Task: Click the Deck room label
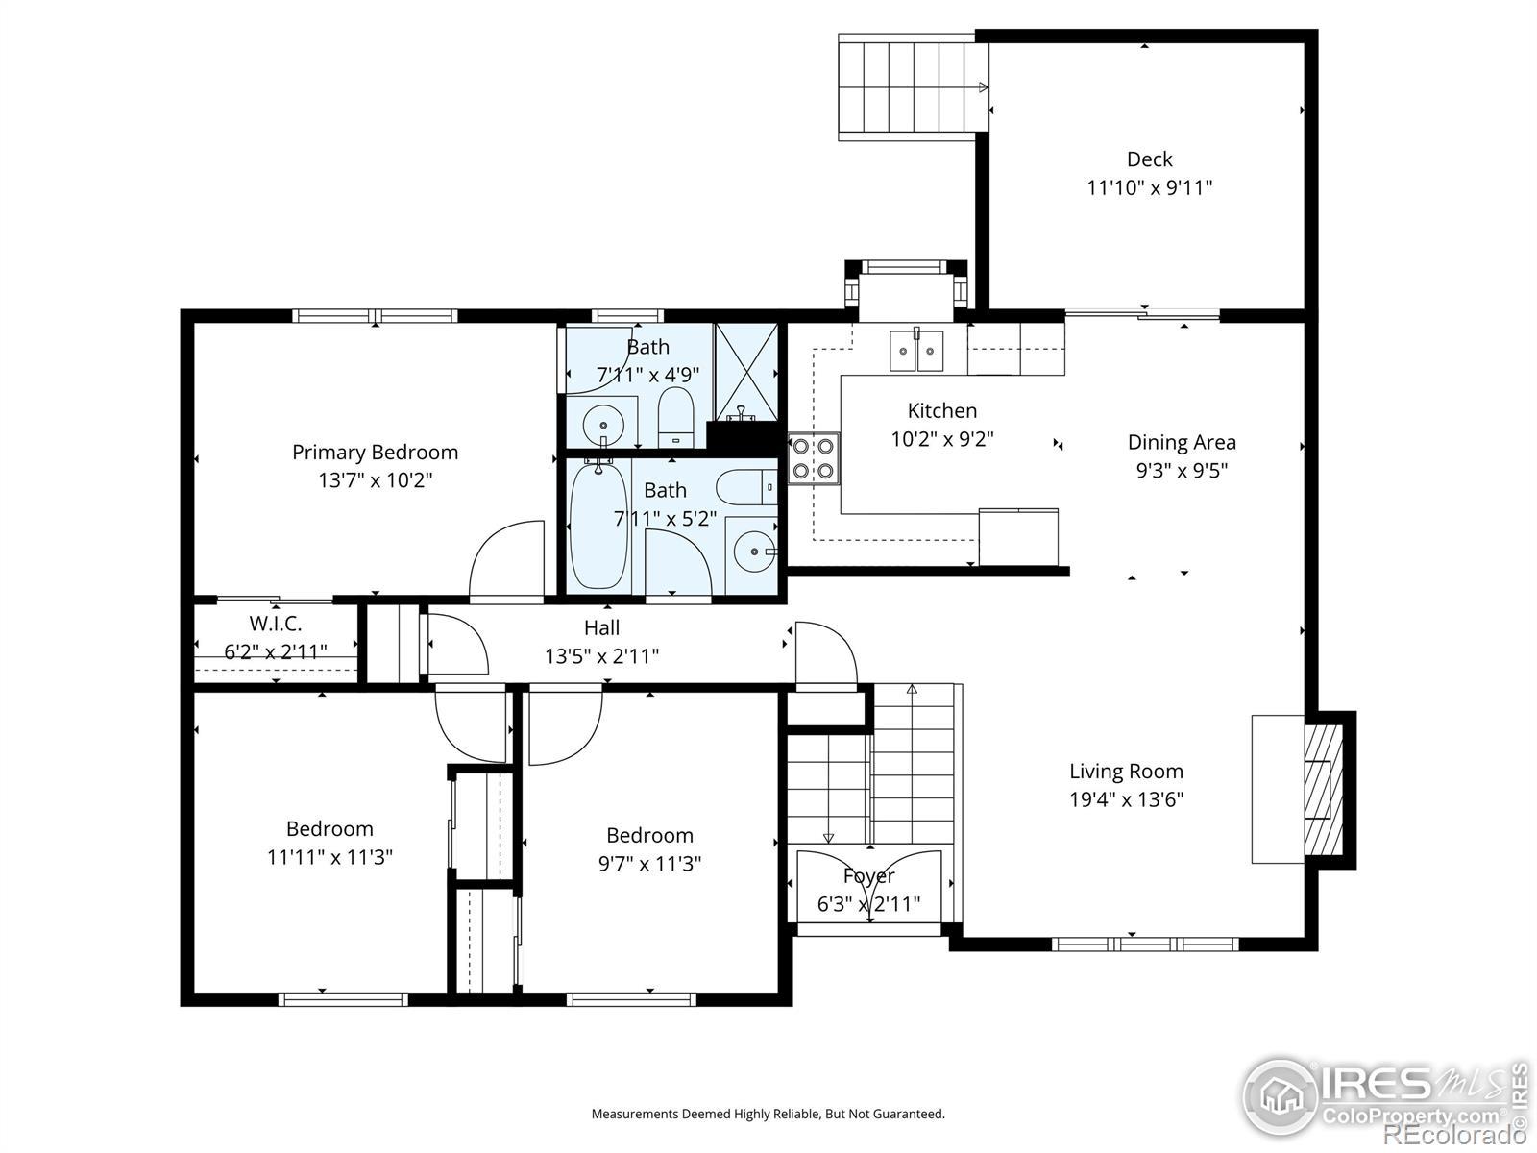tap(1149, 159)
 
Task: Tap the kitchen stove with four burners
tap(813, 458)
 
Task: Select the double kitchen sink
tap(915, 351)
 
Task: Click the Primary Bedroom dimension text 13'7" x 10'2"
tap(376, 480)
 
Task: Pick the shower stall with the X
tap(746, 372)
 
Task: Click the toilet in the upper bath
tap(675, 418)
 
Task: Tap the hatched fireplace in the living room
tap(1323, 790)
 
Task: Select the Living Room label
tap(1126, 772)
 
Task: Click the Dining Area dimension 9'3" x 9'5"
tap(1182, 471)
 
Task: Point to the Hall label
tap(601, 628)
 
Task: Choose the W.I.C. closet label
tap(275, 624)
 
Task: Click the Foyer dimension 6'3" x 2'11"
tap(868, 904)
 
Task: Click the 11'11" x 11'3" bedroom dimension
tap(329, 858)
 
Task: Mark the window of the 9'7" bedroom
tap(631, 999)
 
